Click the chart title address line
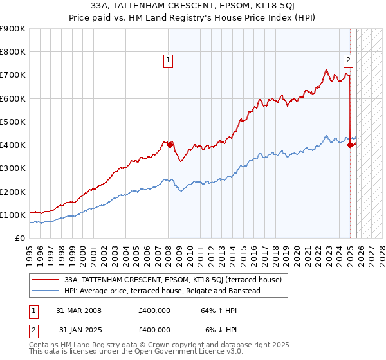(x=193, y=7)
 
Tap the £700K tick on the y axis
(x=13, y=75)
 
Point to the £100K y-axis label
(x=13, y=215)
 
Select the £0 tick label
(x=19, y=238)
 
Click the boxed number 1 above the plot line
(x=167, y=61)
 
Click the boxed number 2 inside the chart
(x=347, y=61)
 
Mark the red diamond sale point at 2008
(x=170, y=145)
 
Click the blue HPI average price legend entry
(x=161, y=291)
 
